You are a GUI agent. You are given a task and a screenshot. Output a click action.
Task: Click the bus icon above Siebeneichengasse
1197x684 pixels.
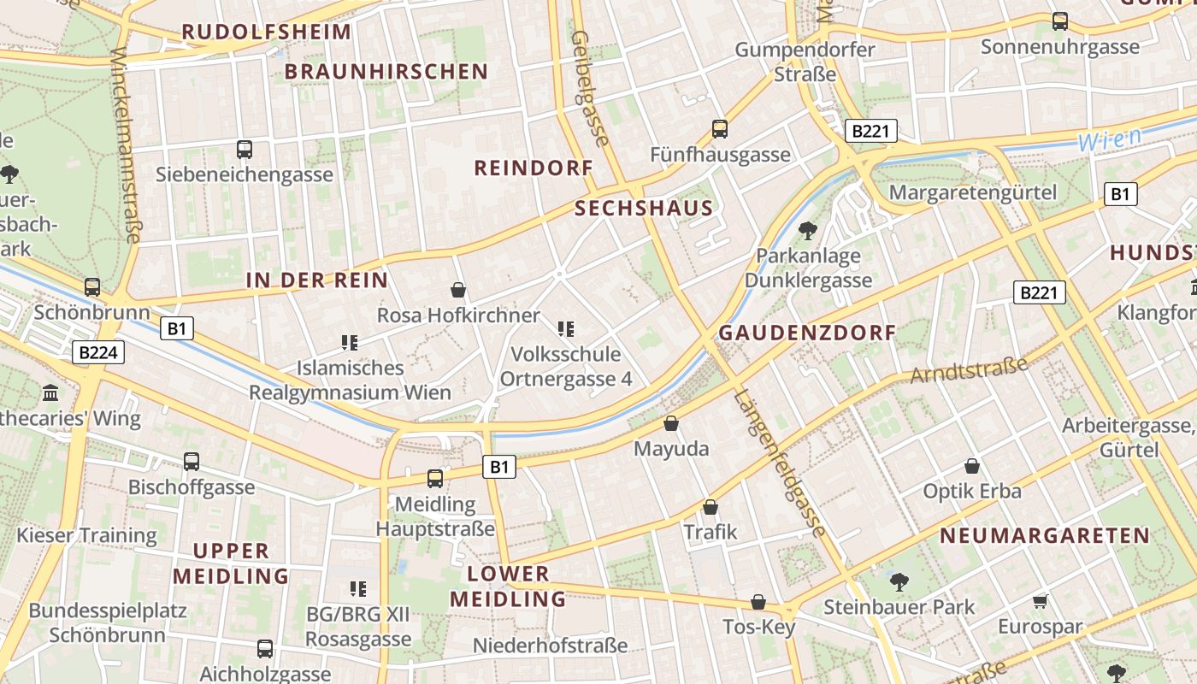click(245, 150)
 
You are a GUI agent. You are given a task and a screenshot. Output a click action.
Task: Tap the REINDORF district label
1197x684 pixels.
click(534, 168)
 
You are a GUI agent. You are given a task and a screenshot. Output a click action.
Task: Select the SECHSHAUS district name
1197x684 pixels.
click(644, 208)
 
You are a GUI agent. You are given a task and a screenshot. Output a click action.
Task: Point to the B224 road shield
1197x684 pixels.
click(100, 352)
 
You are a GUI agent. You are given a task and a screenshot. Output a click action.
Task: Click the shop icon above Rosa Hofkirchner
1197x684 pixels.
click(458, 290)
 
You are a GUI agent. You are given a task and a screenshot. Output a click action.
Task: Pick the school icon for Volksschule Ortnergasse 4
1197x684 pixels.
click(564, 328)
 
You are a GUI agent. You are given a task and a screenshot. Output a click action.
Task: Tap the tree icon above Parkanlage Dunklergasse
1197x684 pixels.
click(807, 230)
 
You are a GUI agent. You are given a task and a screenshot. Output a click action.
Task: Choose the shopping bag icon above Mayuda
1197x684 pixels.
click(671, 423)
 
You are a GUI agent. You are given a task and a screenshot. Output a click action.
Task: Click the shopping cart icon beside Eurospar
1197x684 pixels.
click(1041, 601)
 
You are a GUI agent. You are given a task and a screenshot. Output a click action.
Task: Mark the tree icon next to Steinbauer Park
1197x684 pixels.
click(899, 582)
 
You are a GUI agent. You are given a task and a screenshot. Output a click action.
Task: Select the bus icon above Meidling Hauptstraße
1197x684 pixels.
click(435, 479)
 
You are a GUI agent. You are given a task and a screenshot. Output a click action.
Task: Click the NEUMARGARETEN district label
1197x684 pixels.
click(1045, 536)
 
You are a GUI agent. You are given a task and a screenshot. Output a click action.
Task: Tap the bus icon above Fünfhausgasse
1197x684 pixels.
click(720, 129)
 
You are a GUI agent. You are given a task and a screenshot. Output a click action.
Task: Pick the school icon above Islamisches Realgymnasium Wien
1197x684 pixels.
click(349, 343)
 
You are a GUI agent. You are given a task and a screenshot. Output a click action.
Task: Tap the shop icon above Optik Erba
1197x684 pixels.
click(972, 466)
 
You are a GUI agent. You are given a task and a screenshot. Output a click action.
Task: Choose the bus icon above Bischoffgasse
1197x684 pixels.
click(192, 462)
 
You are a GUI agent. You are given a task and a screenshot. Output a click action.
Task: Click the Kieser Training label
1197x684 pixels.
click(87, 536)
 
